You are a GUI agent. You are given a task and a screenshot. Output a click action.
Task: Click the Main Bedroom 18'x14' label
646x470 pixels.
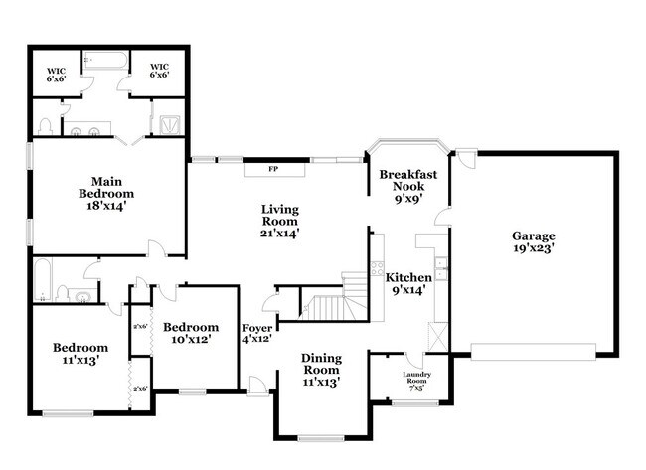106,187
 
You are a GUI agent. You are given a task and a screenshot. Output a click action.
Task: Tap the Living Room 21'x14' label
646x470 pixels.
279,221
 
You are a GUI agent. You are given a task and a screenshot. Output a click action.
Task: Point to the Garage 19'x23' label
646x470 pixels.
534,242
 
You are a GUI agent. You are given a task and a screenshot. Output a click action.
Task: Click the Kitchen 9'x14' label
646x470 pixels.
408,284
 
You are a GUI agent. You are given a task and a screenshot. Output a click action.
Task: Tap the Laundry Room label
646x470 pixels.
415,380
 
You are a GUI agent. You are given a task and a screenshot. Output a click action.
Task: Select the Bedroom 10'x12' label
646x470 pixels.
191,334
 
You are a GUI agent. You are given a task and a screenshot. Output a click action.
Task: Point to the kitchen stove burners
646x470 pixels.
377,266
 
